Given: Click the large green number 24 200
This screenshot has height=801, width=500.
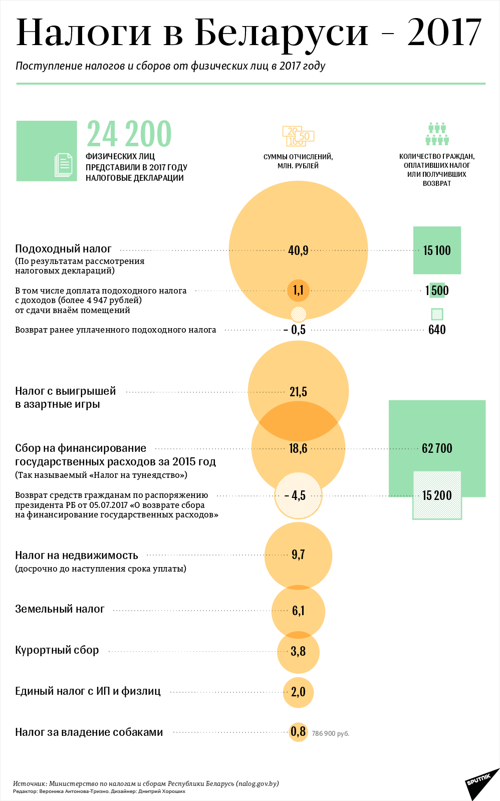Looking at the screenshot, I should pos(129,134).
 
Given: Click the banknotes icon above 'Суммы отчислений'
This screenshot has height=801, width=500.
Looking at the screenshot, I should pos(298,136).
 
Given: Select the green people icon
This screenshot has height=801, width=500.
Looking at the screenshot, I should pos(437,134).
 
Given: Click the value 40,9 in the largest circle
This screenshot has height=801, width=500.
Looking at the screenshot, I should pos(298,250).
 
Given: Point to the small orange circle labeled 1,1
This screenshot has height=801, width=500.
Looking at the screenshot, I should pos(298,290).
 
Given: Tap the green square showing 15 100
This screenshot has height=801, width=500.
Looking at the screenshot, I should pos(437,250).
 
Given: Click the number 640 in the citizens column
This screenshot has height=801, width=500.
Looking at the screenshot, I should pos(437,330).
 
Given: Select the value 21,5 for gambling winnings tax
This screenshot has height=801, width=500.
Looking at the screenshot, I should pos(298,392).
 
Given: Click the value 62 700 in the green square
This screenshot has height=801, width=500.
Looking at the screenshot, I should pos(437,448).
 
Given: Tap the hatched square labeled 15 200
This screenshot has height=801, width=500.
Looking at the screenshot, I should pos(437,495).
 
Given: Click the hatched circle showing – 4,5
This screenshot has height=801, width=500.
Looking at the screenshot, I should pos(298,495).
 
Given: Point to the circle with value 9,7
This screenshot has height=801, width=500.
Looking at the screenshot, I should pos(298,555).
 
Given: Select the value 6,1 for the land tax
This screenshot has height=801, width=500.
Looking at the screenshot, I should pos(298,611).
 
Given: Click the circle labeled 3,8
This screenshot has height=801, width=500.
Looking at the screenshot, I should pos(298,651).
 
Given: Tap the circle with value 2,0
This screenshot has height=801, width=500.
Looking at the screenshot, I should pos(298,692).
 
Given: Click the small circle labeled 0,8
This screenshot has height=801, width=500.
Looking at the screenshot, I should pos(298,732).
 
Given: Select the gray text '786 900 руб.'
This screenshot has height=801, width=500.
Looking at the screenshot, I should pos(330,734).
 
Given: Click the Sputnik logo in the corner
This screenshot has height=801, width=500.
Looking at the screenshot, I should pos(478,782).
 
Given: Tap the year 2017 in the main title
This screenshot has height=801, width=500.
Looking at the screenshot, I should pos(444,33).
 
